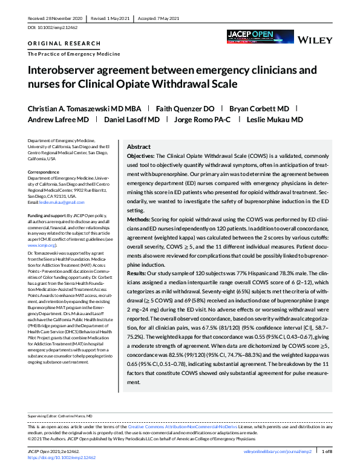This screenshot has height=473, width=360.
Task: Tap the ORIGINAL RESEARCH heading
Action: point(56,44)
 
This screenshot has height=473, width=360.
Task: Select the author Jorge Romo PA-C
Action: point(202,119)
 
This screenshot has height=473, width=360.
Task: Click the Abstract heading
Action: point(139,147)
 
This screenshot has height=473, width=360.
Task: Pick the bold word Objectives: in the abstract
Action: point(141,156)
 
